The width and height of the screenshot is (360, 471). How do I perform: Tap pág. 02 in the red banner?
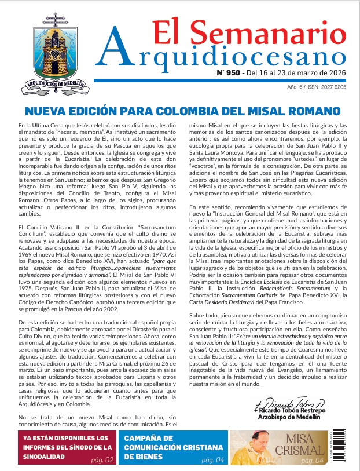[102, 461]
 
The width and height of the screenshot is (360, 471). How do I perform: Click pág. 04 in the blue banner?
[212, 461]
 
